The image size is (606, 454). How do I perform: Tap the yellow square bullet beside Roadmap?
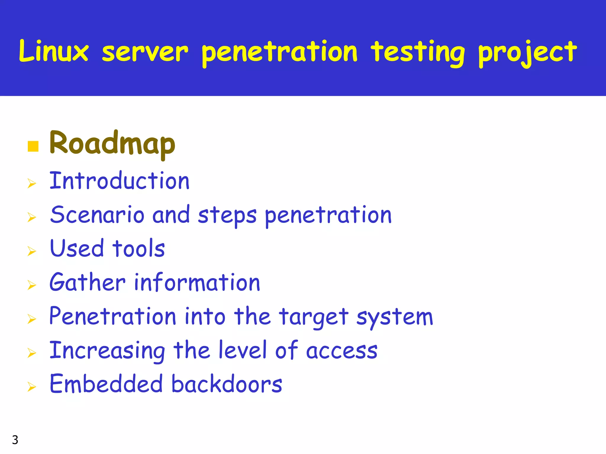[33, 146]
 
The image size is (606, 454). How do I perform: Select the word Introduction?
[119, 181]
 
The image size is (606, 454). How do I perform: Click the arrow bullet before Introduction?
[32, 184]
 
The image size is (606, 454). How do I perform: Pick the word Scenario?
[97, 215]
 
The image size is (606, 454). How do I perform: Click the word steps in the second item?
[227, 216]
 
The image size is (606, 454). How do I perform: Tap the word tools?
[138, 248]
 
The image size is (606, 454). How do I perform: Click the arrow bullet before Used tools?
[32, 251]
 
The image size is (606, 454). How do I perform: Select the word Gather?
[88, 282]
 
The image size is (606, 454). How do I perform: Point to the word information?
[197, 282]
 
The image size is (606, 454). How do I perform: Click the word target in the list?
[314, 317]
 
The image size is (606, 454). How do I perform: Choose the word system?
[394, 317]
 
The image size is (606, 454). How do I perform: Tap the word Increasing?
[107, 351]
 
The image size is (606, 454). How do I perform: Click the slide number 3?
[15, 440]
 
